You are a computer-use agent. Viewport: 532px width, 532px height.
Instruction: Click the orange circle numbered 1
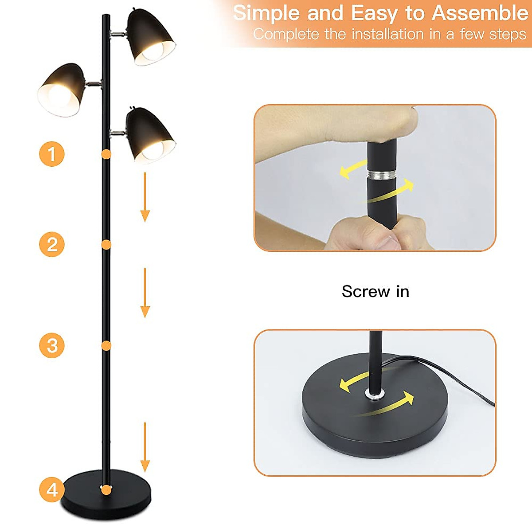52,154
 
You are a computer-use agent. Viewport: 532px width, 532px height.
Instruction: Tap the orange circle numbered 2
52,244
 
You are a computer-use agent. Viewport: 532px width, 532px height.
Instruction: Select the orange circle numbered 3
52,345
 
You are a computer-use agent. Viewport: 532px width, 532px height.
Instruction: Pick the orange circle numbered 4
52,490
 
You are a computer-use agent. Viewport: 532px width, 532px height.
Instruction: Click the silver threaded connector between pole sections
381,174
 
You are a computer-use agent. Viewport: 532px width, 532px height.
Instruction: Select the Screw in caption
375,291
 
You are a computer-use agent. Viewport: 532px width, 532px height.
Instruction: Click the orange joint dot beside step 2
106,244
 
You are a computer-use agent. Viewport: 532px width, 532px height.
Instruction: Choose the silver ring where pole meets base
375,394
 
